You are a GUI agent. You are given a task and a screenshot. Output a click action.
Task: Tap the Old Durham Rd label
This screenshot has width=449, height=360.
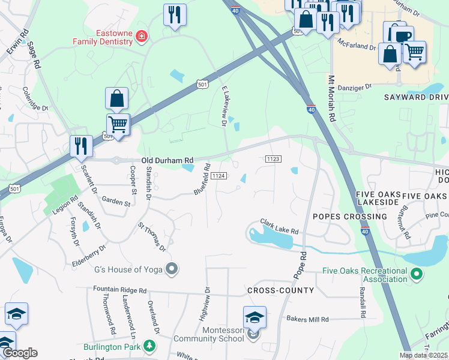(168, 160)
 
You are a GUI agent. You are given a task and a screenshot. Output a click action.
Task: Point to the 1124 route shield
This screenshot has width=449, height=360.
(218, 175)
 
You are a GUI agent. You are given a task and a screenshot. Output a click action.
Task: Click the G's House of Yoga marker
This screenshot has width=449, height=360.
(172, 268)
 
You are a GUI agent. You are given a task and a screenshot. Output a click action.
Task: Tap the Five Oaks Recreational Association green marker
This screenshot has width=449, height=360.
(416, 275)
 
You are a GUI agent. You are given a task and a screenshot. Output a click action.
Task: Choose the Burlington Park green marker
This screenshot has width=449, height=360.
(149, 346)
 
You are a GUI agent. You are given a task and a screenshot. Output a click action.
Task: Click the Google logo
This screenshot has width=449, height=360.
(19, 353)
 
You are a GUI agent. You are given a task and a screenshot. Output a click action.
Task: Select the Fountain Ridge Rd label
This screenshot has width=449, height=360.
(120, 290)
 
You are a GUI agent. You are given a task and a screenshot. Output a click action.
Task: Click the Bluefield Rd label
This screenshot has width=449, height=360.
(202, 179)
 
